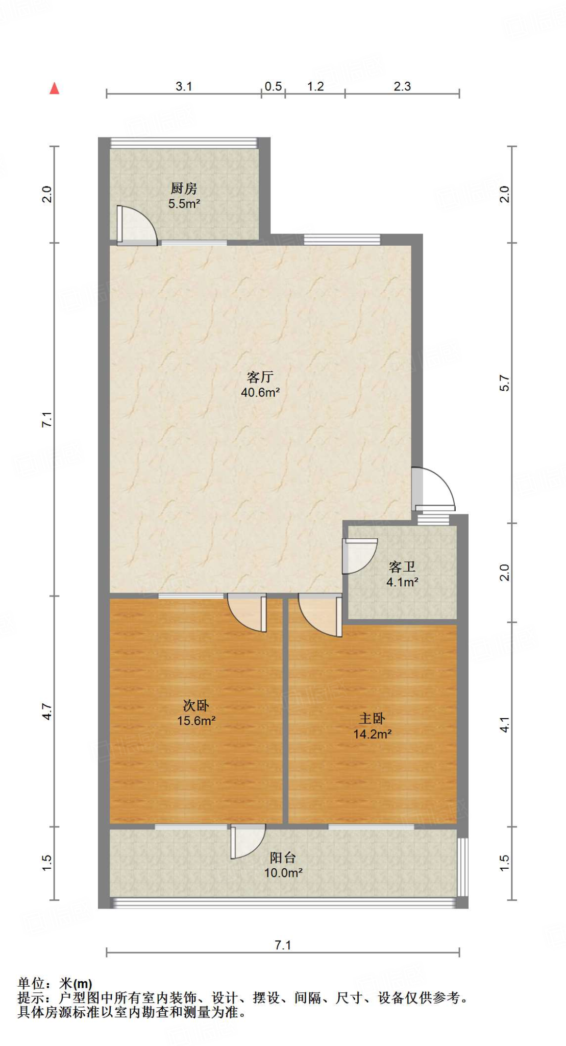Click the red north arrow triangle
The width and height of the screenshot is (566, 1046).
point(54,88)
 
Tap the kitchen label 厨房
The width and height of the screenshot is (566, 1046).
point(184,188)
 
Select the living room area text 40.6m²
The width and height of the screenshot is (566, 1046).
point(260,392)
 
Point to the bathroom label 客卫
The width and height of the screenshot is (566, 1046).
point(402,567)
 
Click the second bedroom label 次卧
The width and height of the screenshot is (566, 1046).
point(196,706)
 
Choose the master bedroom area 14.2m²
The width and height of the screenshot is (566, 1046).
point(373,734)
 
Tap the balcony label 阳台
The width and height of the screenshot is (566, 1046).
point(283,858)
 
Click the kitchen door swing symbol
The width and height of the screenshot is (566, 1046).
point(136,226)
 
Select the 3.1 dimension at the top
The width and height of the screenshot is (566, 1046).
point(184,86)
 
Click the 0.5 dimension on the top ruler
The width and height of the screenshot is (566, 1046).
point(273,86)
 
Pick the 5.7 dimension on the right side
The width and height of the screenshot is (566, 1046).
point(504,383)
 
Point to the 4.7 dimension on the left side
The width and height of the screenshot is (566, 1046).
point(47,711)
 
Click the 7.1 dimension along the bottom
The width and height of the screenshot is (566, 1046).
point(283,945)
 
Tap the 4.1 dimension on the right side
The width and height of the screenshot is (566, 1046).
point(504,725)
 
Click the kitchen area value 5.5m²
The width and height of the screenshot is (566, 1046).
point(184,204)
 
